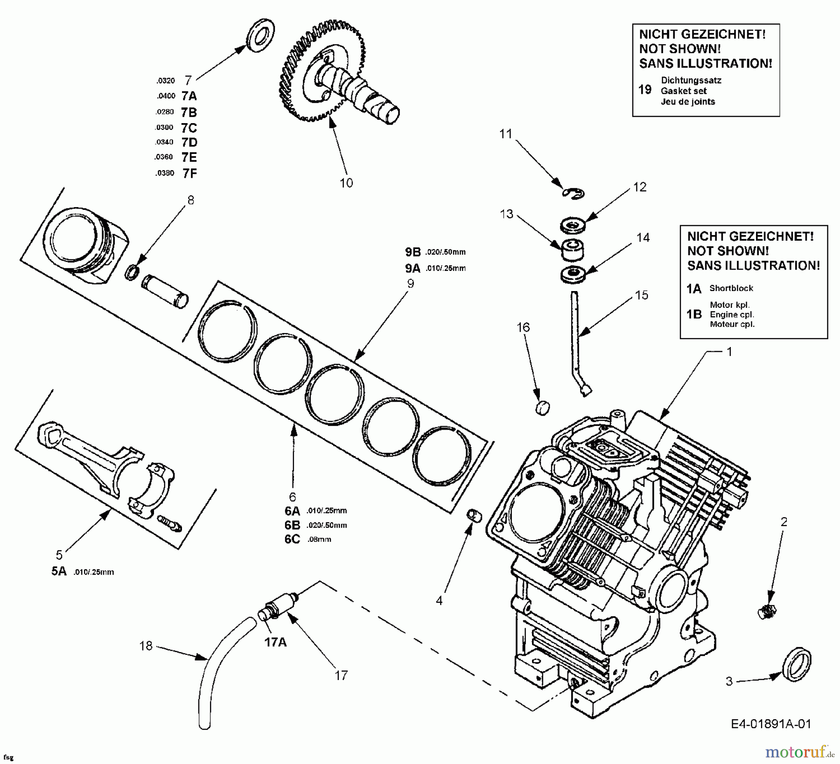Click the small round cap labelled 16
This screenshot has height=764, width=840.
541,407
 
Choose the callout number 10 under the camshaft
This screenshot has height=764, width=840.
346,183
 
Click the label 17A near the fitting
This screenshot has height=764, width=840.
275,642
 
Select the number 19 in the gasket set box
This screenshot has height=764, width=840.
644,90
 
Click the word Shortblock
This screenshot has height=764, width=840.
731,288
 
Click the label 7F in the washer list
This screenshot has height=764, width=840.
189,174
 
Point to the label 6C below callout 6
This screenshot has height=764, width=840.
292,539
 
